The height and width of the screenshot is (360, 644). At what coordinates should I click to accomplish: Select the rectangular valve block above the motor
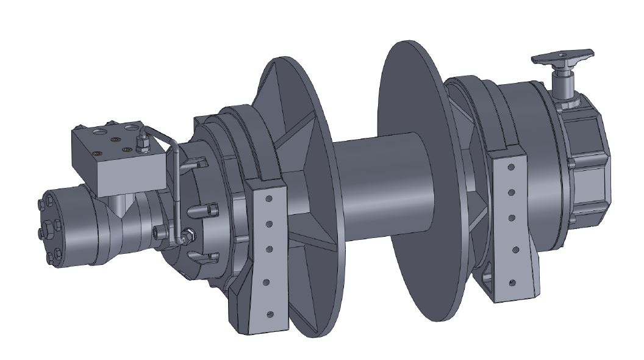click(x=116, y=158)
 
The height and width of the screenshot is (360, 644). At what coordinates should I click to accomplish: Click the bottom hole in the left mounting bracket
click(x=268, y=314)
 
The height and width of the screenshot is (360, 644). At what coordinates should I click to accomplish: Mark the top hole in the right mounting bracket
click(x=509, y=165)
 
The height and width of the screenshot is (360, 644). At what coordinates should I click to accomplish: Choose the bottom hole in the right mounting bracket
click(x=512, y=282)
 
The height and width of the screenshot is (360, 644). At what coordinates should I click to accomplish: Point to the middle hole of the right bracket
click(x=511, y=217)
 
